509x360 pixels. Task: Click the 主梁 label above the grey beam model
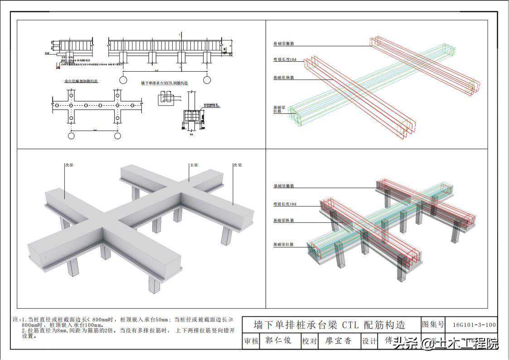tap(194, 165)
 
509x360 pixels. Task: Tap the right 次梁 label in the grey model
tap(238, 165)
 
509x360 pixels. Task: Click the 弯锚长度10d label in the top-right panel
tap(285, 60)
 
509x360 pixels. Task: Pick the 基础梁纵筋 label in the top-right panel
tap(283, 78)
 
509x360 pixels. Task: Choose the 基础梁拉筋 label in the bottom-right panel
tap(283, 244)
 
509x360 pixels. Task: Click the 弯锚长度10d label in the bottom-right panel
tap(285, 204)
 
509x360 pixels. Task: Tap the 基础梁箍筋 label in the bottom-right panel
tap(283, 186)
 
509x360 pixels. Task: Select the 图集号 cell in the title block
tap(433, 325)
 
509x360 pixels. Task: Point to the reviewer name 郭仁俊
tap(278, 341)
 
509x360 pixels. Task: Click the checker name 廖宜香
tap(338, 341)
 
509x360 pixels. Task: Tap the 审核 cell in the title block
tap(252, 341)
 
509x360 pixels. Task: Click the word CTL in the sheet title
tap(350, 325)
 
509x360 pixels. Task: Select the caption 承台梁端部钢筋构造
tap(82, 81)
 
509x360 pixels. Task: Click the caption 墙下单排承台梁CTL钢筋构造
tap(165, 83)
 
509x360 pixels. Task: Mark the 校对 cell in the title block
tap(310, 341)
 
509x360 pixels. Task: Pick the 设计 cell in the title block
tap(369, 341)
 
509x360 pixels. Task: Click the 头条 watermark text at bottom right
tap(405, 343)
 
